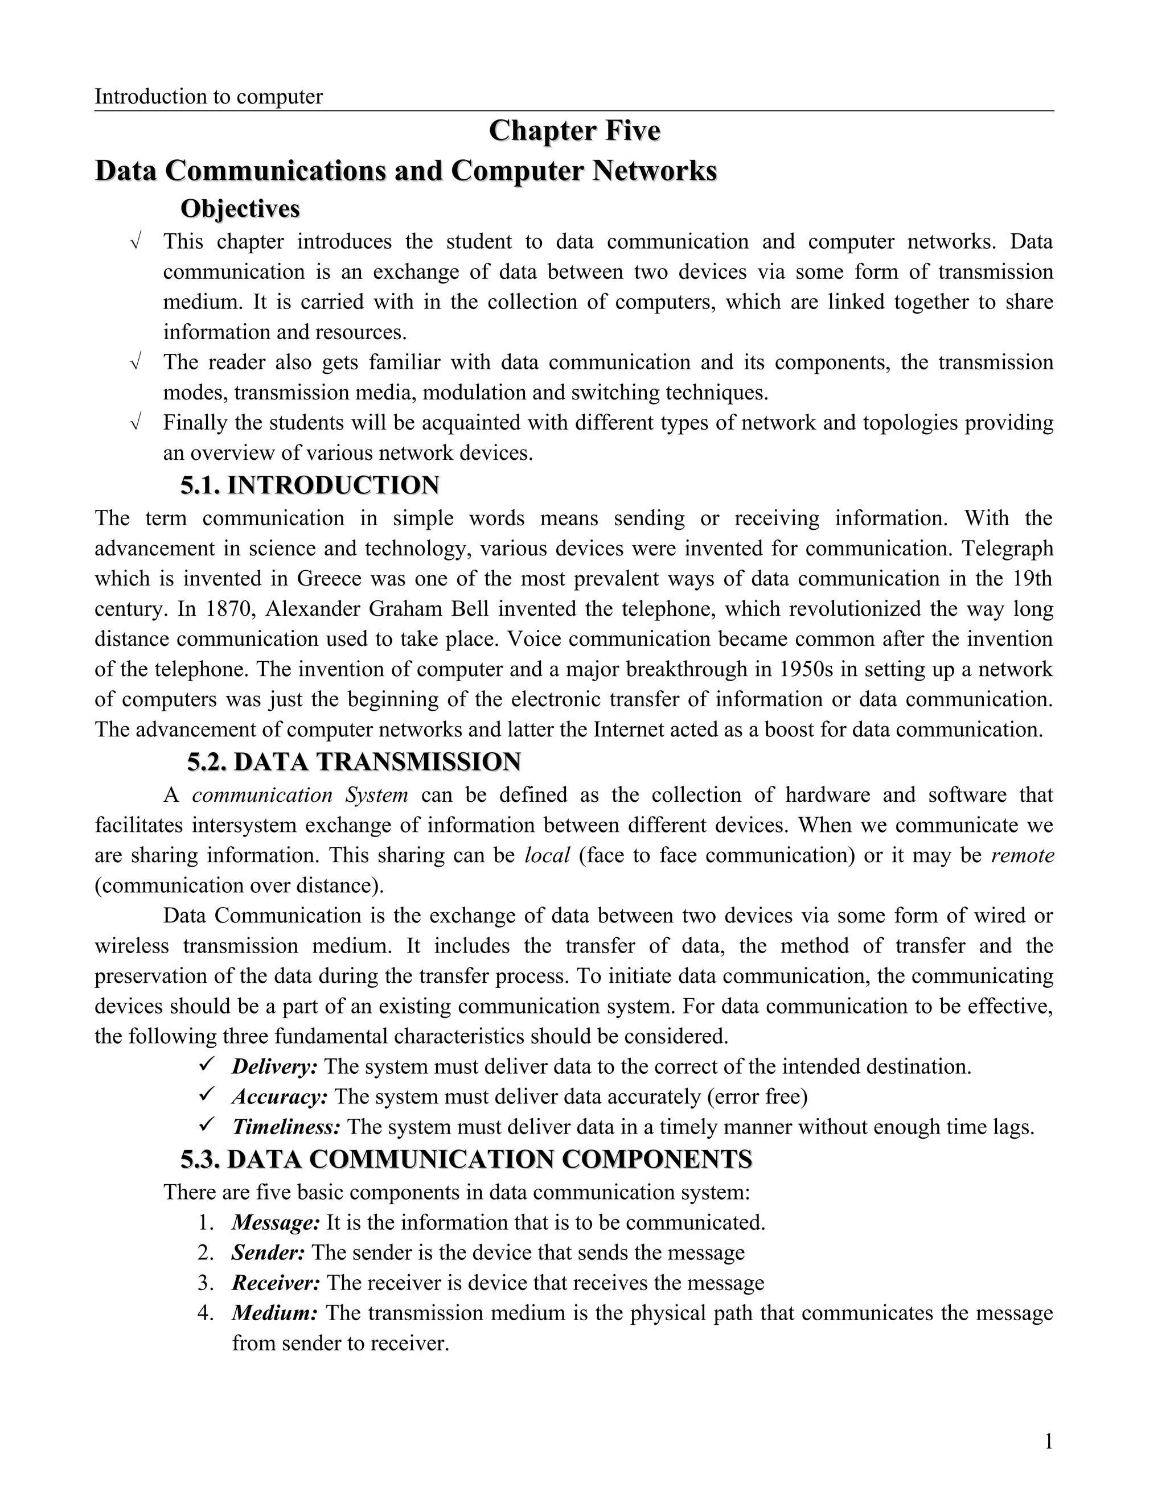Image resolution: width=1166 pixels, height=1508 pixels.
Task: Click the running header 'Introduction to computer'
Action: point(208,97)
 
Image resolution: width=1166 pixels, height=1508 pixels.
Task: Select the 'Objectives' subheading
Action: point(240,208)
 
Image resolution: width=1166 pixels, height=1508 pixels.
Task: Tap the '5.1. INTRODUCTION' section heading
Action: point(310,485)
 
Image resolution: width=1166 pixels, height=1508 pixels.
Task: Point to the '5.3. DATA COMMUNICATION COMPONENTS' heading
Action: point(466,1159)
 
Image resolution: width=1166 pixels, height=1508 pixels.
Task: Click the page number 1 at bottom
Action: point(1048,1442)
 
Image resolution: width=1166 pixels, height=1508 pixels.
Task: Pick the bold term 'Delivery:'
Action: point(274,1067)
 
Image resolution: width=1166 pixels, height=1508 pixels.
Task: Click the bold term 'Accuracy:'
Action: point(279,1097)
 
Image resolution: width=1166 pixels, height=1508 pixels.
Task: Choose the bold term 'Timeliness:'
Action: point(286,1127)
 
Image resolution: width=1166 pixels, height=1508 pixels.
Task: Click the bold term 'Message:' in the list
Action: point(276,1223)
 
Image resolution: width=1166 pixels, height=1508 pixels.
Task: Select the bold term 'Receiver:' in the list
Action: point(276,1283)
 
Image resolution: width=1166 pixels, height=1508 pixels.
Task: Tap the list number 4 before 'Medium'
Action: point(204,1313)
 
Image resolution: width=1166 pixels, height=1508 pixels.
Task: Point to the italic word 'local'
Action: point(547,855)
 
